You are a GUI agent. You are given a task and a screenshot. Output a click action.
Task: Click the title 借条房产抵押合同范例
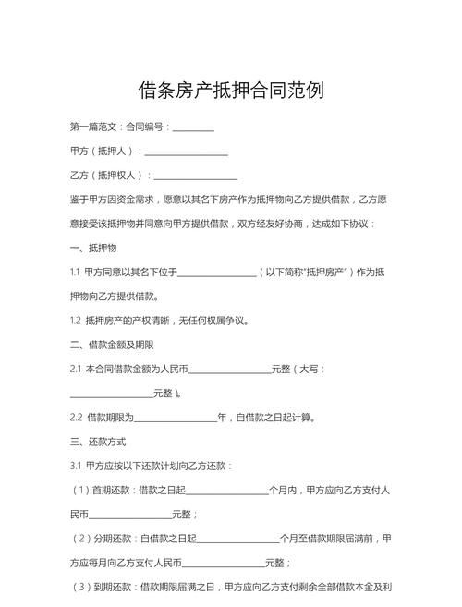coord(230,91)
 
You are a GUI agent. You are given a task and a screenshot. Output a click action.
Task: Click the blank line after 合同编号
coord(193,127)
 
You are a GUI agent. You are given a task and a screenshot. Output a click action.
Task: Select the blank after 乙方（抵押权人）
coord(196,176)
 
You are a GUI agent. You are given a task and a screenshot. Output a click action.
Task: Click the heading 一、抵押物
coord(92,249)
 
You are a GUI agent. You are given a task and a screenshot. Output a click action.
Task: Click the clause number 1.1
coord(75,273)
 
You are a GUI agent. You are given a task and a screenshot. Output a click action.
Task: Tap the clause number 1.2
coord(76,322)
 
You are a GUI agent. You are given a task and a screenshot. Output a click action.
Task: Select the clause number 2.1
coord(76,370)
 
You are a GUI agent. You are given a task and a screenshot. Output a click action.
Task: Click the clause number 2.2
coord(76,418)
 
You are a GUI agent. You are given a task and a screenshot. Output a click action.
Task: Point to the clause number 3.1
coord(76,466)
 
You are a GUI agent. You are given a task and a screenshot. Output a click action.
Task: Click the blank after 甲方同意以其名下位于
coord(216,273)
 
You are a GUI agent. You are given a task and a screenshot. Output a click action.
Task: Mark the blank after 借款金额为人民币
coord(229,370)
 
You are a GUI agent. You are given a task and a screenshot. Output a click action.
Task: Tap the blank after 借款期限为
coord(176,418)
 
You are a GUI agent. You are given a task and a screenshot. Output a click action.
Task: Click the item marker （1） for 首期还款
coord(81,490)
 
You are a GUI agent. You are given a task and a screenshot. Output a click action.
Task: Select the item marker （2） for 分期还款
coord(81,538)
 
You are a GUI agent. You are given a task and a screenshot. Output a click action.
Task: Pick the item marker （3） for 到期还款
coord(81,586)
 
